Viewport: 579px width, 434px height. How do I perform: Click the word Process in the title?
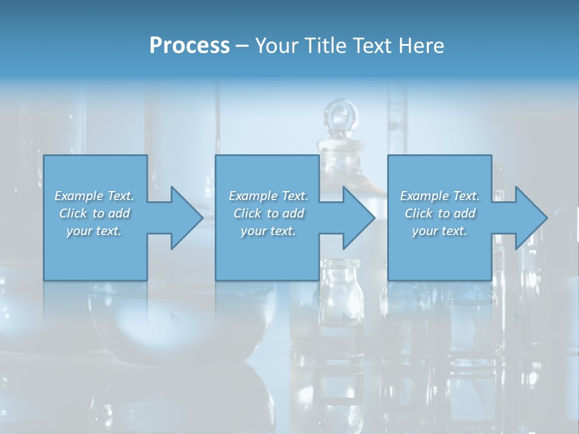tap(189, 46)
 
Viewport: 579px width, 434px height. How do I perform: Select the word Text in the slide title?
tap(373, 46)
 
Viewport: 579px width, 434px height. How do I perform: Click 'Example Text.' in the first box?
tap(94, 196)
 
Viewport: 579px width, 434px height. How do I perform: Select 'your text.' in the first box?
tap(94, 231)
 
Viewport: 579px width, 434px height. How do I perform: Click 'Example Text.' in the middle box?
tap(268, 196)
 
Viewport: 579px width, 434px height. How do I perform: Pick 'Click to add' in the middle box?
tap(268, 213)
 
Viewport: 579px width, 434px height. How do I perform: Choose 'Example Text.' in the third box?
tap(440, 196)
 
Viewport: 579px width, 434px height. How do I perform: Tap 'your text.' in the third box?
tap(440, 231)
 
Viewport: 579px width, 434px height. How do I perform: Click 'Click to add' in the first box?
tap(94, 213)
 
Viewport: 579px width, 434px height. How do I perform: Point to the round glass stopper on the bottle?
tap(341, 115)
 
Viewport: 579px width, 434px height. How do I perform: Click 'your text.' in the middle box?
tap(268, 231)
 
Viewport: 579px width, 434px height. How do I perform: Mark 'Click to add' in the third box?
tap(440, 213)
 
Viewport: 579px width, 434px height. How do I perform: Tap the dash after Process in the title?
tap(242, 46)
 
